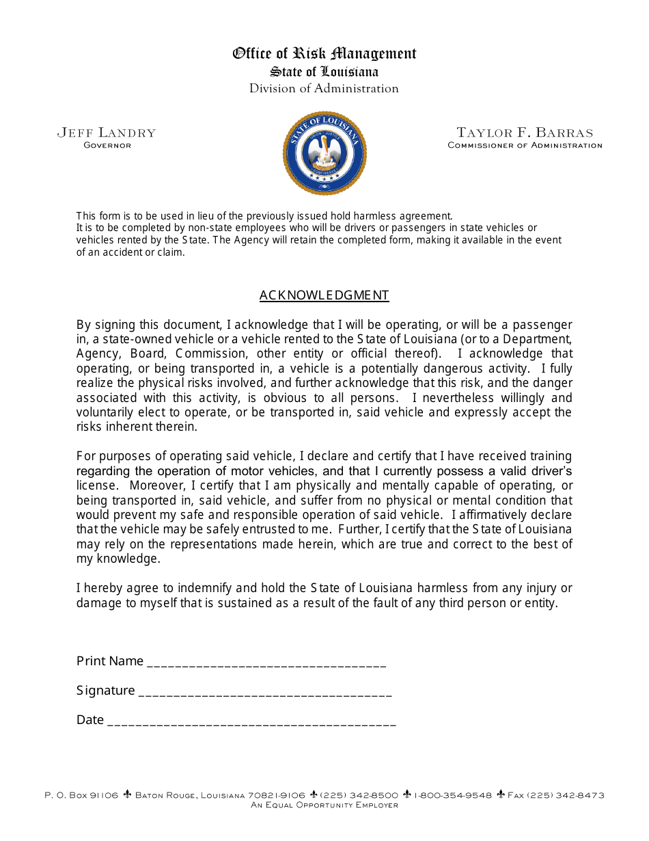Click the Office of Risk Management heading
click(324, 53)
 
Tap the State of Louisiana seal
click(324, 154)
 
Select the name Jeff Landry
click(107, 133)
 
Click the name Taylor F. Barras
click(525, 133)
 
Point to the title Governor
click(107, 145)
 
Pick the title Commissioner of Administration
click(525, 145)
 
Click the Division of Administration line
click(324, 88)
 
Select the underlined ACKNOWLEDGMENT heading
click(324, 295)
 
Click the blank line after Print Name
click(266, 662)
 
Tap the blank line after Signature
click(265, 691)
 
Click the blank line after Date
click(251, 721)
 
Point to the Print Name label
click(110, 661)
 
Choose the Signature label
click(106, 691)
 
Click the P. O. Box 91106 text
click(81, 795)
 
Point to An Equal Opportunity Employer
click(324, 805)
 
